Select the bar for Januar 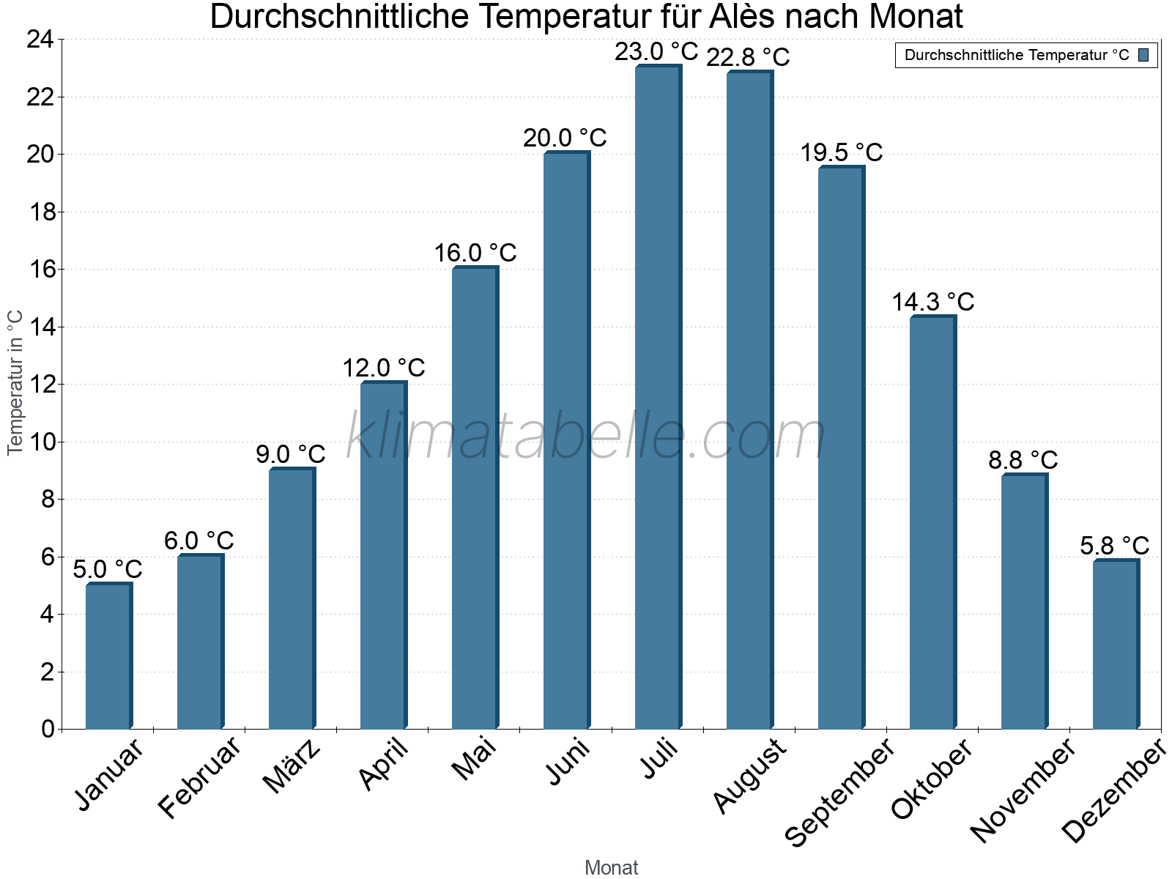coord(108,656)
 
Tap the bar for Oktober coord(932,522)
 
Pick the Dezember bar coord(1116,645)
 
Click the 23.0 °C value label coord(656,52)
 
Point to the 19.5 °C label coord(841,152)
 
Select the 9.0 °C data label coord(291,454)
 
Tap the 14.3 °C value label coord(932,302)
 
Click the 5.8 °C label coord(1114,546)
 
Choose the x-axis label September coord(839,791)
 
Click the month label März coord(292,765)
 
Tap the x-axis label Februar coord(199,776)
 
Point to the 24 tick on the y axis coord(40,40)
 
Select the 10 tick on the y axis coord(40,442)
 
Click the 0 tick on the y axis coord(48,729)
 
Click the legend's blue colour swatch coord(1143,55)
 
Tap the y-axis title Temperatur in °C coord(15,382)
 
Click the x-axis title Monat coord(611,867)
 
